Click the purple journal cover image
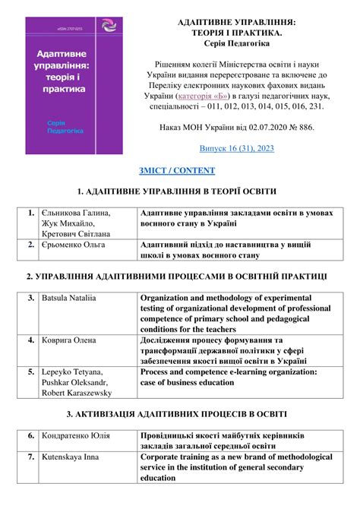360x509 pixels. (x=74, y=85)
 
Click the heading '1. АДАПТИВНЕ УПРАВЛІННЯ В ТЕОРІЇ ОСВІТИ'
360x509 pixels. (x=176, y=191)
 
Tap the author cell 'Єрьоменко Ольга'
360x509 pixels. (x=74, y=245)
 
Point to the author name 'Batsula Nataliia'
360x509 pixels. (x=68, y=299)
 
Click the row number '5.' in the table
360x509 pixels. (x=30, y=372)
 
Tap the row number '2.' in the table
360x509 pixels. (x=30, y=245)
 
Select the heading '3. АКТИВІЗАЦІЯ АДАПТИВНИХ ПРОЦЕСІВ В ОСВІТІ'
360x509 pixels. (x=176, y=415)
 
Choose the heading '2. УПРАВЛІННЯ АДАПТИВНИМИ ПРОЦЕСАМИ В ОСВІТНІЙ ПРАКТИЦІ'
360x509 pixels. (x=176, y=277)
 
